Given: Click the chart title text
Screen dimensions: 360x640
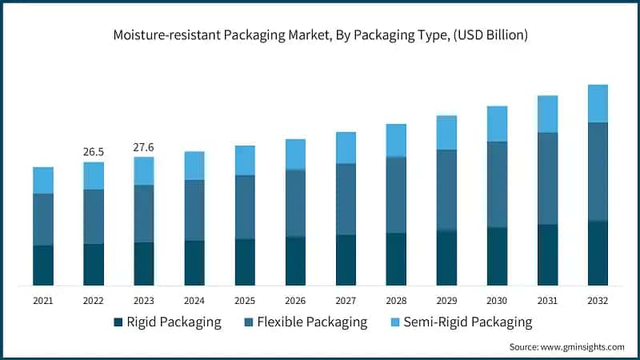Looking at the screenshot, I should (x=320, y=35).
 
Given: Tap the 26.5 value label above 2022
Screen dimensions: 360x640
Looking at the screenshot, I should (x=94, y=152).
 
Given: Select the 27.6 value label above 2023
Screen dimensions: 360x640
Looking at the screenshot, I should (x=144, y=147).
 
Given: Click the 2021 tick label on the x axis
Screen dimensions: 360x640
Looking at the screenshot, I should (x=43, y=301).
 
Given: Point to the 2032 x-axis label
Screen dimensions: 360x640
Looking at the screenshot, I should (x=598, y=301).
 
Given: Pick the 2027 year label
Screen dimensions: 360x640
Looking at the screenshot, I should (x=346, y=301).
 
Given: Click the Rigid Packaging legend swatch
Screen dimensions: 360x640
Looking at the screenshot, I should (x=119, y=322).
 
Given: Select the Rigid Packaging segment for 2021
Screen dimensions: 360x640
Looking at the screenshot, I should (x=43, y=265).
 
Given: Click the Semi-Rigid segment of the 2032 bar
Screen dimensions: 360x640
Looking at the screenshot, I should (x=598, y=103).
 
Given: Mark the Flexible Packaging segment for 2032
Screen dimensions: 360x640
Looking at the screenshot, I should (x=598, y=171).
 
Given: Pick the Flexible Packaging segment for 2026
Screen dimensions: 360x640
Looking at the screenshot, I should (x=295, y=203).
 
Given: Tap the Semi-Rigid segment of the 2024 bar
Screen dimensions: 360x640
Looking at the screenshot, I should (x=194, y=166).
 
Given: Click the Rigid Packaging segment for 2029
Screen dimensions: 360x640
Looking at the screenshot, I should (x=446, y=258).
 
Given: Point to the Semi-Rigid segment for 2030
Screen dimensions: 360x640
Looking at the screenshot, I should (x=497, y=123).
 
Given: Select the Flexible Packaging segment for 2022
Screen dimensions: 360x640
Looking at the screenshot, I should (x=94, y=216).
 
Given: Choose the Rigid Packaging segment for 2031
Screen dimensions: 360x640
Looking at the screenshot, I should (x=547, y=254).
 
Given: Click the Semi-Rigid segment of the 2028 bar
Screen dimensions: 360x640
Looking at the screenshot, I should (x=396, y=140).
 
